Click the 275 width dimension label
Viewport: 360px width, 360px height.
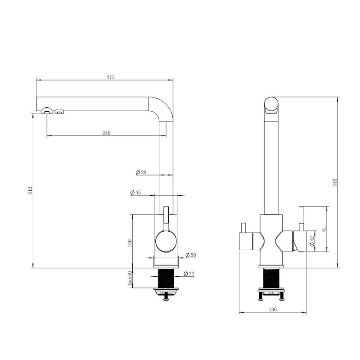click(x=110, y=77)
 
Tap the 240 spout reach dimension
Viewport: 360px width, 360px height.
click(x=106, y=133)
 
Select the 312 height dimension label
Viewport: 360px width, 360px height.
click(x=31, y=191)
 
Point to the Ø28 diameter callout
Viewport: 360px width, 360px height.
click(x=141, y=172)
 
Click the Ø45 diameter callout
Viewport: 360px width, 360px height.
click(x=135, y=193)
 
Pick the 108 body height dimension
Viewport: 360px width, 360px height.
click(x=130, y=243)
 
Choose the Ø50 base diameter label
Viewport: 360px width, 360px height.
click(x=190, y=255)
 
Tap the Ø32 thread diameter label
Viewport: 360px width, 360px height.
click(x=189, y=274)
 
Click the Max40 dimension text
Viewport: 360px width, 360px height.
click(x=130, y=279)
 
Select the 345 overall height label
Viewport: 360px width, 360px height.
click(x=335, y=183)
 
